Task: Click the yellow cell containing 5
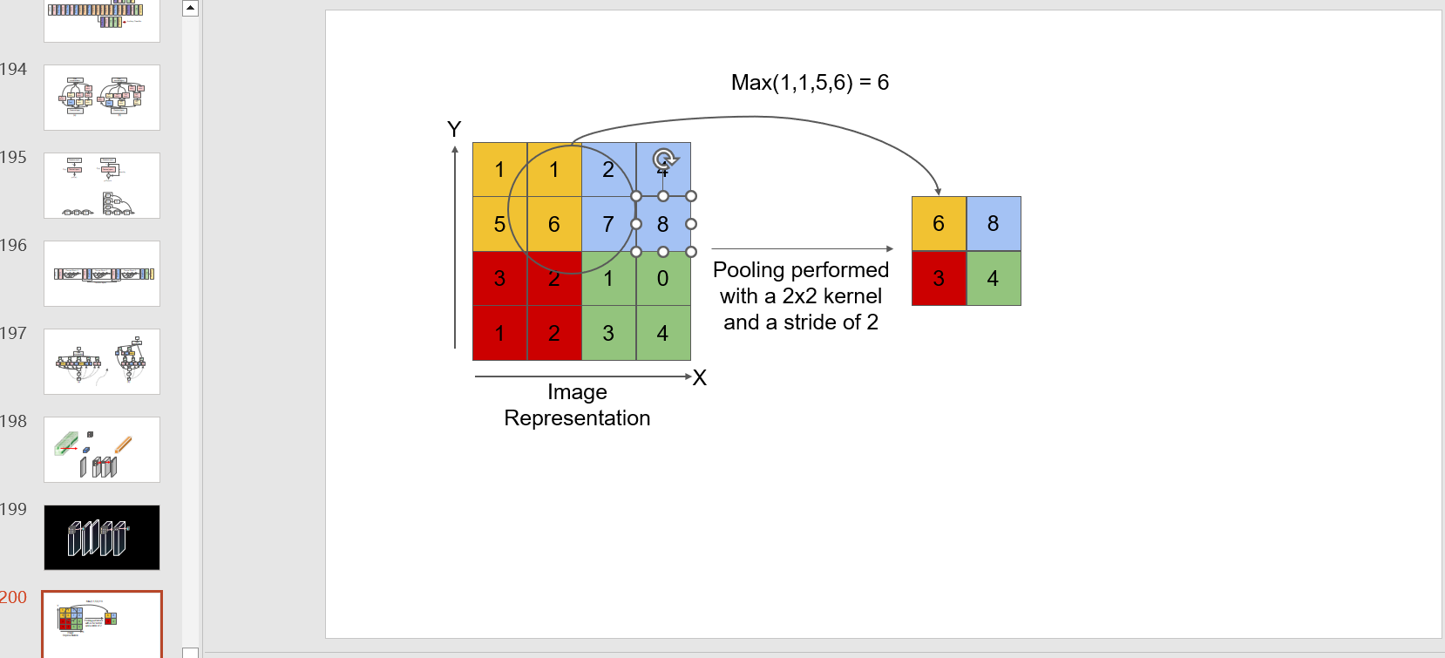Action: (x=499, y=224)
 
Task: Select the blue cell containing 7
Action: (x=608, y=224)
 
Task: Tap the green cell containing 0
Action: (x=662, y=279)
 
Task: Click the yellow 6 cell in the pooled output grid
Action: (x=939, y=224)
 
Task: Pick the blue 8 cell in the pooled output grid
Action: (x=993, y=224)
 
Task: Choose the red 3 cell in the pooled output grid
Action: (x=939, y=279)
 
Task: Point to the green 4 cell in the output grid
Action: (x=993, y=279)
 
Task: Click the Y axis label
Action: (x=454, y=129)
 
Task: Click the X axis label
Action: (x=699, y=378)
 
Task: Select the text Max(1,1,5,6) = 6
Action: (x=810, y=83)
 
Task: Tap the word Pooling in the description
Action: (x=748, y=270)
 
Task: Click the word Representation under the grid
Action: (x=577, y=418)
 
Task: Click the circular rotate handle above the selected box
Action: (x=664, y=159)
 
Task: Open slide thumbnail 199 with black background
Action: (x=102, y=537)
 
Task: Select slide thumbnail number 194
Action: (x=102, y=98)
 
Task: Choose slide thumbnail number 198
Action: (x=102, y=449)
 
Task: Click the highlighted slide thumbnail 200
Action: (x=102, y=623)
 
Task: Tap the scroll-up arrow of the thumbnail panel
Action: (x=190, y=9)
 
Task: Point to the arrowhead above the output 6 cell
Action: (x=938, y=191)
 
